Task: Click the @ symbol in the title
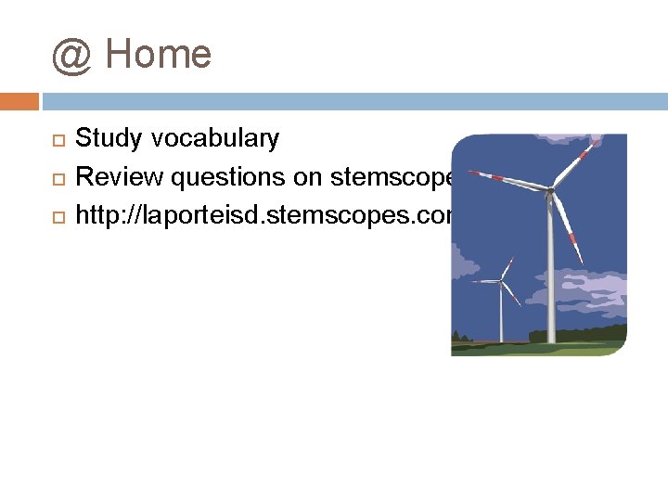click(x=71, y=56)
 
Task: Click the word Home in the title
click(x=159, y=54)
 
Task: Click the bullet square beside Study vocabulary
click(x=57, y=140)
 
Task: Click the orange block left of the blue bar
click(x=19, y=100)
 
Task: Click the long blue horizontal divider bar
click(x=353, y=100)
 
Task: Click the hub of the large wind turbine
click(x=550, y=192)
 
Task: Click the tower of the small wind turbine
click(x=501, y=315)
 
